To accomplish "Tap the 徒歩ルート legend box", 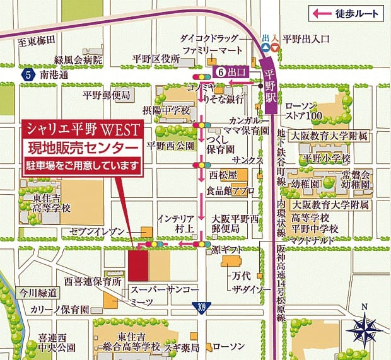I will (x=346, y=12).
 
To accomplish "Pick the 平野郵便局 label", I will (x=106, y=95).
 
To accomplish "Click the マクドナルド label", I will (x=312, y=240).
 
